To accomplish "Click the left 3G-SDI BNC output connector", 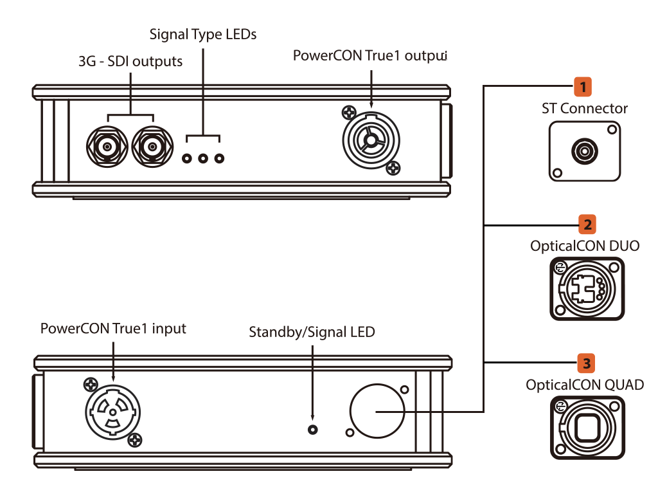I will (x=107, y=148).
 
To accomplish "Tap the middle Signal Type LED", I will (x=203, y=158).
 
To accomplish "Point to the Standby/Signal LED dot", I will (x=313, y=430).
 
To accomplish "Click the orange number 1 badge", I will (x=582, y=86).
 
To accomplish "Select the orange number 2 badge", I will (x=586, y=224).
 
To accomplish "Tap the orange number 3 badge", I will (x=585, y=363).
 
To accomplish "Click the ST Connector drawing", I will (x=585, y=152).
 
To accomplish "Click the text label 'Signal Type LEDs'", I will (x=202, y=34).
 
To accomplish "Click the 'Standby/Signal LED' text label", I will (x=312, y=333).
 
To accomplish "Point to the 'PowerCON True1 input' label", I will (x=113, y=329).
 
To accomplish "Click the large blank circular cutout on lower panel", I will (x=377, y=410).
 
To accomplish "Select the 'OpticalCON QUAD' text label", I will (x=585, y=385).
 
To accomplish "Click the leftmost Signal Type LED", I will (x=188, y=158).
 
